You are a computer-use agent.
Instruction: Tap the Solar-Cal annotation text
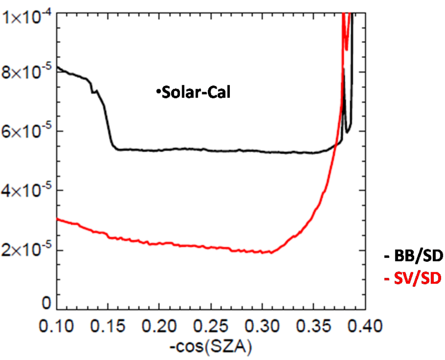[195, 93]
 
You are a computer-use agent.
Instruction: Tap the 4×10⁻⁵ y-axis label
[26, 190]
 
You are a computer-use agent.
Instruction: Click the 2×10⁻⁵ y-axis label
[26, 250]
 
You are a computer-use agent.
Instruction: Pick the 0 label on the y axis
[45, 303]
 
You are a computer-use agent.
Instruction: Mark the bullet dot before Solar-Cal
[159, 91]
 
